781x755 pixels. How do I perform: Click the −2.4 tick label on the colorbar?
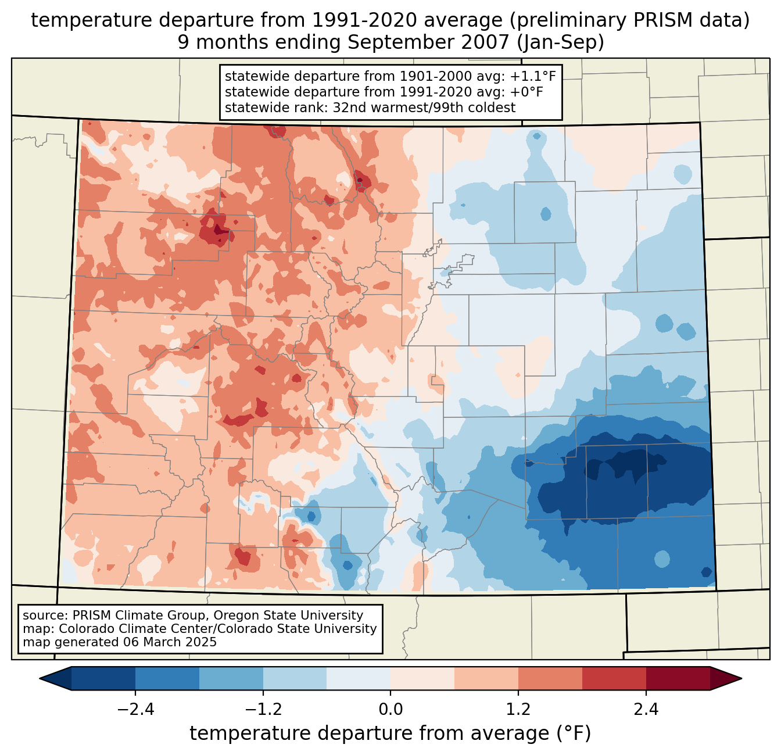(135, 710)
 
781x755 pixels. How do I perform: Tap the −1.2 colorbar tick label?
(263, 710)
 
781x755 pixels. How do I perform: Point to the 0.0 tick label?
(390, 710)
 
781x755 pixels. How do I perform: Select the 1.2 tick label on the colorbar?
(518, 710)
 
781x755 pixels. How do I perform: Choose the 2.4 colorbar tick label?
(646, 710)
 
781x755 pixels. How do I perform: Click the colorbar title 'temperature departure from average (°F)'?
(390, 733)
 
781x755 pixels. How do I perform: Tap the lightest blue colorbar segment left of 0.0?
(359, 678)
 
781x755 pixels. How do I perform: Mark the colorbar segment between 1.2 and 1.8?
(550, 678)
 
